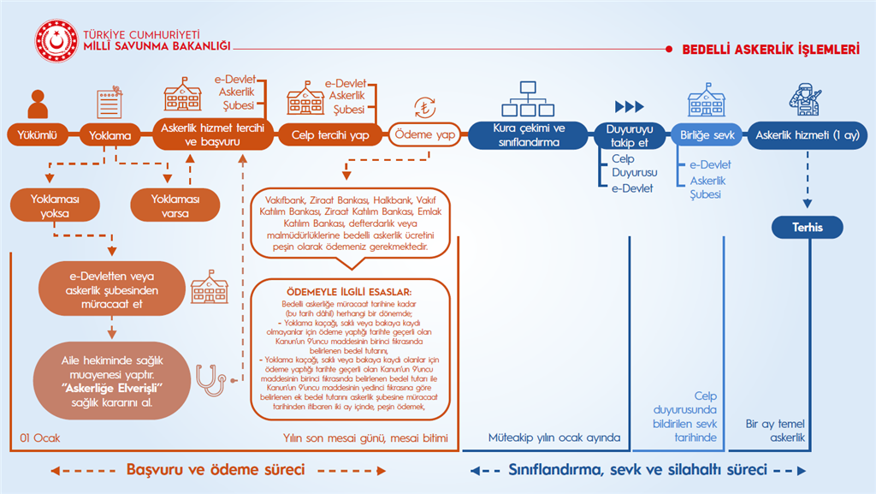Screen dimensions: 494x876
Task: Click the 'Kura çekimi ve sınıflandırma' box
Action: [529, 135]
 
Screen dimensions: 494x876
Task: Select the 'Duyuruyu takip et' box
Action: [628, 135]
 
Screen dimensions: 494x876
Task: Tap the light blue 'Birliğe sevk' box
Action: [706, 135]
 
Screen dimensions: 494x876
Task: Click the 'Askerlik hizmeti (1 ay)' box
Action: [808, 135]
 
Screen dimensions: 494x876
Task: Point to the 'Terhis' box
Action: [807, 227]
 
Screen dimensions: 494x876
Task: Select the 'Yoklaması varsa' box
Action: [175, 206]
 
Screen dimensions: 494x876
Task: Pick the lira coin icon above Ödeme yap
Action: [424, 108]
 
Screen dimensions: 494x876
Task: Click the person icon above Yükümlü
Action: [37, 104]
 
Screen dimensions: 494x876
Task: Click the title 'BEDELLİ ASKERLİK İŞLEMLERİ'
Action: [771, 50]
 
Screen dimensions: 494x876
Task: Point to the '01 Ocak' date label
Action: [39, 438]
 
